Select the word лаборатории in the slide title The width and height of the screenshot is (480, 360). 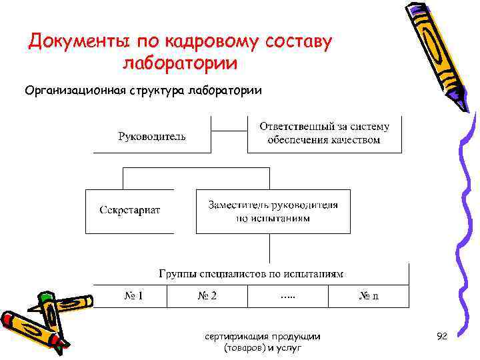point(180,64)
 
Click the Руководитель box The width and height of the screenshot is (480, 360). point(152,137)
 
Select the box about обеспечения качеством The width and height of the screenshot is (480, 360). point(324,133)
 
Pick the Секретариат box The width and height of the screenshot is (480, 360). point(130,210)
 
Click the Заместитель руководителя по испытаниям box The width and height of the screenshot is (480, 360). point(273,211)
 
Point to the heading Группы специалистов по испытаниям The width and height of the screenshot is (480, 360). point(251,273)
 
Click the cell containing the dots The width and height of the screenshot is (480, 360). point(288,296)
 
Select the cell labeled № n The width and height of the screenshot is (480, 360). point(368,296)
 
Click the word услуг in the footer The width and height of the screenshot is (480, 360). point(291,348)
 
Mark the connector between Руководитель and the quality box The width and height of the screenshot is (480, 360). point(229,131)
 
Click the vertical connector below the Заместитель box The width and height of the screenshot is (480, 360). point(269,247)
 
